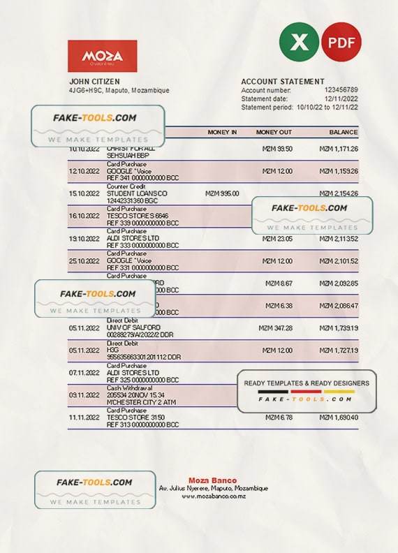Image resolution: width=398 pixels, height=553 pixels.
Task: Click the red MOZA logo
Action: pos(102,56)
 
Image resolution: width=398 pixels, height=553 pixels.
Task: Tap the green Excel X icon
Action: pos(299,42)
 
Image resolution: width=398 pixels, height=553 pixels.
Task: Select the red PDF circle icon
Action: pos(341,42)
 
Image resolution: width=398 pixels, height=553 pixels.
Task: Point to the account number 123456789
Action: pos(341,90)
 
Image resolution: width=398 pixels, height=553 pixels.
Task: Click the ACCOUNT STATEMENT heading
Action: pos(283,82)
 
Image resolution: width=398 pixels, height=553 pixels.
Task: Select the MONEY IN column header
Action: pos(222,132)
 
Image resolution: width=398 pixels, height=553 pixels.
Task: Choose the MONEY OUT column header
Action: pos(274,132)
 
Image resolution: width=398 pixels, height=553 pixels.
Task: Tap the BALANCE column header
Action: pos(344,132)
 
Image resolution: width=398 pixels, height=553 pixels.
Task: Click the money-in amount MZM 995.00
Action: pos(222,193)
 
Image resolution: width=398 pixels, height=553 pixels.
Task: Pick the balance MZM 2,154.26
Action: pos(339,193)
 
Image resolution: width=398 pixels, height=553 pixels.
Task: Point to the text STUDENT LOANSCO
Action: pos(137,193)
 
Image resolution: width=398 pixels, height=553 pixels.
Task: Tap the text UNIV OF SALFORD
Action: pos(133,327)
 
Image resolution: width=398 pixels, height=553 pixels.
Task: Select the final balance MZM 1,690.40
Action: pos(339,417)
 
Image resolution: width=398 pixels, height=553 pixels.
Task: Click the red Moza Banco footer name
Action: pos(212,480)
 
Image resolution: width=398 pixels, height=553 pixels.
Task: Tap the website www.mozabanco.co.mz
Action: pos(213,496)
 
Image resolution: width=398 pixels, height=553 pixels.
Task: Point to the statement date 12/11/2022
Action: pos(341,98)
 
